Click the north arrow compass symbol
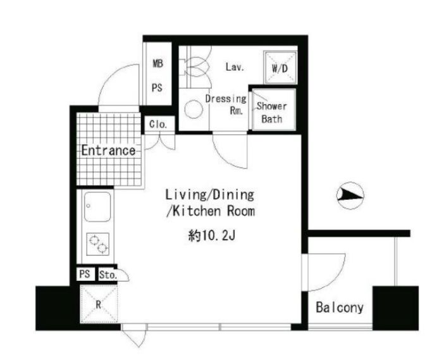(x=350, y=196)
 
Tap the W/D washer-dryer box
(x=280, y=68)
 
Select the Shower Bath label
(x=271, y=113)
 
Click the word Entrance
(x=108, y=151)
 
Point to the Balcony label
(x=340, y=307)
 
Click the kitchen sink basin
(x=97, y=207)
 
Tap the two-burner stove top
(x=97, y=244)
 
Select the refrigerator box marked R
(x=99, y=304)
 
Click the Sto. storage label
(x=108, y=275)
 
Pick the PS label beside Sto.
(x=85, y=274)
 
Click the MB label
(x=158, y=63)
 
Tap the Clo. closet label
(x=158, y=125)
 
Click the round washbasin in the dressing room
(x=194, y=109)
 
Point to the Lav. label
(x=235, y=67)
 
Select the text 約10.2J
(x=211, y=235)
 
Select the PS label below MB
(x=157, y=88)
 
